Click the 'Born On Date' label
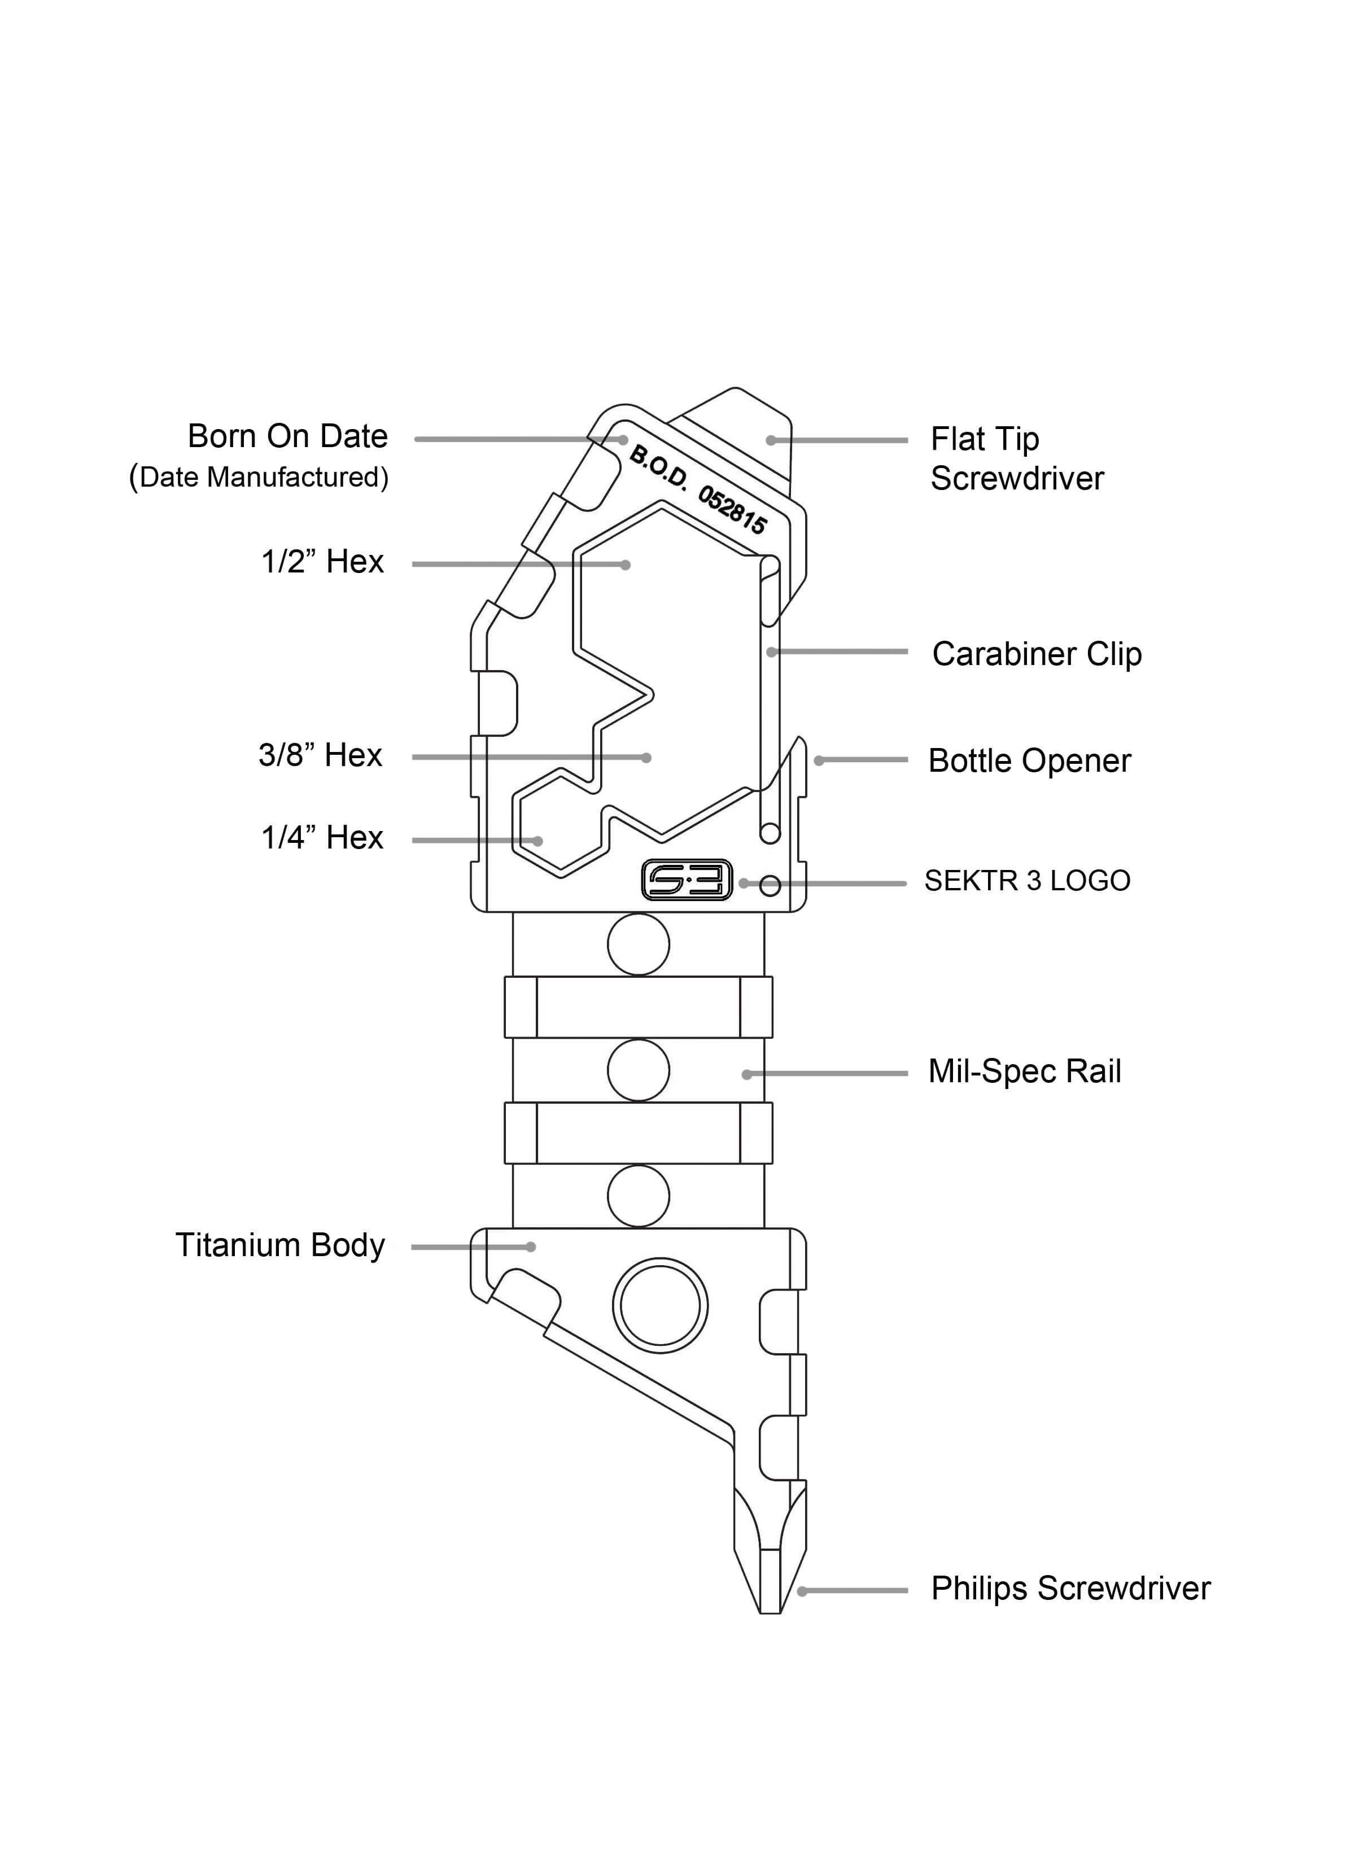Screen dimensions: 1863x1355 pyautogui.click(x=287, y=436)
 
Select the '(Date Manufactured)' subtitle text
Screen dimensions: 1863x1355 pyautogui.click(x=258, y=476)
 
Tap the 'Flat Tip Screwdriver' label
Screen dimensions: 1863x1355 pyautogui.click(x=1016, y=458)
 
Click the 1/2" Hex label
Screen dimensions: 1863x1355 pyautogui.click(x=322, y=562)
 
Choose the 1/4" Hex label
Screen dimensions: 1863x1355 pyautogui.click(x=322, y=838)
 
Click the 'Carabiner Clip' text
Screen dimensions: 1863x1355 pyautogui.click(x=1036, y=654)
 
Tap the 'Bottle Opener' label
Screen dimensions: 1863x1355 pyautogui.click(x=1029, y=760)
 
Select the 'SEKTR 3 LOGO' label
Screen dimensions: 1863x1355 pyautogui.click(x=1026, y=881)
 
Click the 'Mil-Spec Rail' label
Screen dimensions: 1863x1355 pyautogui.click(x=1024, y=1071)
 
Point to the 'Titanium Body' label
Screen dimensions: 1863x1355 pyautogui.click(x=279, y=1245)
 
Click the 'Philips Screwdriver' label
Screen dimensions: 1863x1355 pyautogui.click(x=1070, y=1589)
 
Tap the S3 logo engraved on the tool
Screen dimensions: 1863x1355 pyautogui.click(x=686, y=881)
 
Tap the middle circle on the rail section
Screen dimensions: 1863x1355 pyautogui.click(x=639, y=1070)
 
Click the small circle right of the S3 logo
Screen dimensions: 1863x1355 pyautogui.click(x=770, y=886)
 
